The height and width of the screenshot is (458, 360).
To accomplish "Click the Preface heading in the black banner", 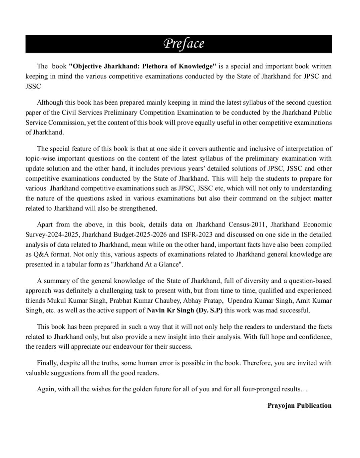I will (x=184, y=44).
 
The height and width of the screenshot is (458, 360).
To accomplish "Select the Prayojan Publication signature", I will (x=299, y=406).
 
